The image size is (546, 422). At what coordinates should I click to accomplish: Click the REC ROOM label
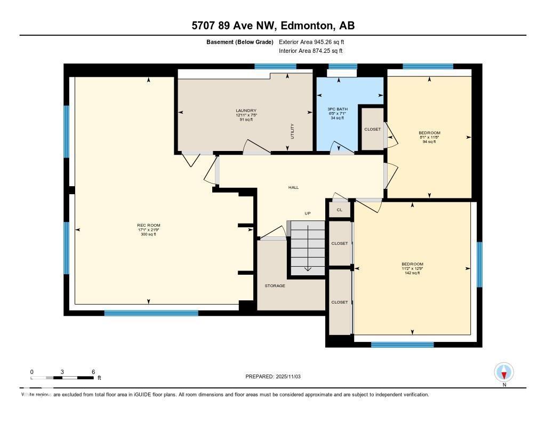coord(148,225)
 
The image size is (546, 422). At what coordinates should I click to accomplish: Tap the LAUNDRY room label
coord(246,110)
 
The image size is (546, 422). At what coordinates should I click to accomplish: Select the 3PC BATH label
coord(335,109)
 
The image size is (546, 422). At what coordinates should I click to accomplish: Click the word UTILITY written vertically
coord(292,131)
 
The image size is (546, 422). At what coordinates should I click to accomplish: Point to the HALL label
coord(293,187)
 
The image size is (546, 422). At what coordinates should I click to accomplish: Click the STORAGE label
coord(275,286)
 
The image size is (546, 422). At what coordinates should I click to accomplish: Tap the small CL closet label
coord(339,210)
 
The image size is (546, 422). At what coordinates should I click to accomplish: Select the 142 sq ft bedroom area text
coord(412,273)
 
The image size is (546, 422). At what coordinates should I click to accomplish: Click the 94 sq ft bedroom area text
coord(429,142)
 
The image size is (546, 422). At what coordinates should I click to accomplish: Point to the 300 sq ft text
coord(148,234)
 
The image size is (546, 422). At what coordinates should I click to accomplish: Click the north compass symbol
coord(504,371)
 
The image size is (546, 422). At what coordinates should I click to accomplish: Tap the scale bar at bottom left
coord(62,378)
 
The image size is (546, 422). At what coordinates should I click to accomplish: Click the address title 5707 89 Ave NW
coord(272,26)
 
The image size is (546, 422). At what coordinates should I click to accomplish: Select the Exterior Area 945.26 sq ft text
coord(315,42)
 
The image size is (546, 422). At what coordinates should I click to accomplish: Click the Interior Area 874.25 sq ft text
coord(310,51)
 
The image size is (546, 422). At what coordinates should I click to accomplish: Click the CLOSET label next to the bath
coord(372,129)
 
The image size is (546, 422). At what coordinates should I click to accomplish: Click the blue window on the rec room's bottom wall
coord(151,313)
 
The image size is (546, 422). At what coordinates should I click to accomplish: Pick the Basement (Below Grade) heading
coord(240,42)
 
